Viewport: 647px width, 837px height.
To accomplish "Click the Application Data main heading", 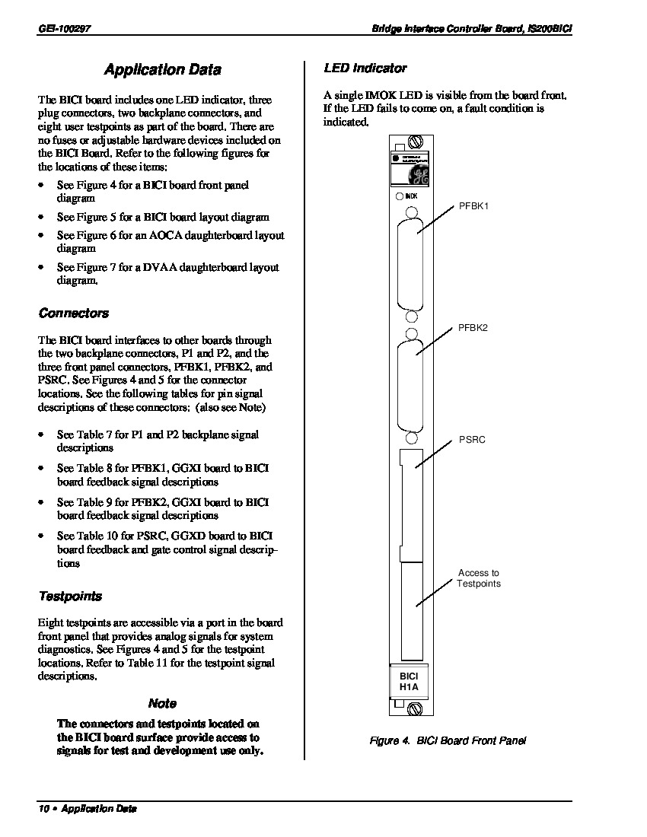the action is pos(162,69).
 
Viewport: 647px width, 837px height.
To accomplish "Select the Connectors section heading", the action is pos(74,313).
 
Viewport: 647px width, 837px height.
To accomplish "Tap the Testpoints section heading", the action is pos(70,596).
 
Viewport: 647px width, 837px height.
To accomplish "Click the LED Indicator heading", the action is pos(365,68).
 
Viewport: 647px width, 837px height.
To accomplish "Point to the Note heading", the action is pos(162,703).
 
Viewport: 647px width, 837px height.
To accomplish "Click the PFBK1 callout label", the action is pos(473,206).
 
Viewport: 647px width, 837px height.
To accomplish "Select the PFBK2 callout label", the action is pos(473,328).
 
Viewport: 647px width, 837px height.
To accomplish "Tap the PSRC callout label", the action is pos(472,440).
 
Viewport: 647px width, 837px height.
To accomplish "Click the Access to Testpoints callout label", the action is pos(478,578).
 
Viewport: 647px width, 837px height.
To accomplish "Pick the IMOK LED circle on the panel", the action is pos(400,196).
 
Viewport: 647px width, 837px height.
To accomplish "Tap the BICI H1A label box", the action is pos(409,682).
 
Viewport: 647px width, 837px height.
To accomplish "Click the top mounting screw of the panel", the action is pos(416,142).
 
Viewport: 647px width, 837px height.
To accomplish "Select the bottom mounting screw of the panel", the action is pos(416,708).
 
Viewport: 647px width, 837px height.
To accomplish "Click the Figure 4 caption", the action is pos(448,740).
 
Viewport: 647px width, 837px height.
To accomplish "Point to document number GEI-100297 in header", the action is pos(64,28).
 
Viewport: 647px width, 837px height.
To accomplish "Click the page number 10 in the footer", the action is pos(43,809).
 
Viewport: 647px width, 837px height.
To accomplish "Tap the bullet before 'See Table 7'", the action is pos(40,435).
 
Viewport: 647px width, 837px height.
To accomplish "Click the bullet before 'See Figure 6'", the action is pos(40,235).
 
